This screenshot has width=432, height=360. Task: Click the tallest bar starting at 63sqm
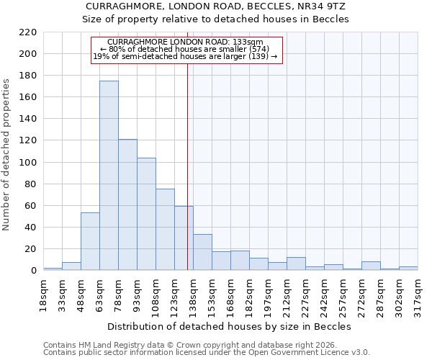pyautogui.click(x=109, y=176)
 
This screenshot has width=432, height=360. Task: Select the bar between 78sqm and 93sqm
pyautogui.click(x=127, y=205)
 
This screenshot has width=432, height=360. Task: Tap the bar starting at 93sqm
pyautogui.click(x=146, y=214)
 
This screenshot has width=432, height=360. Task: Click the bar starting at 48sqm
pyautogui.click(x=90, y=241)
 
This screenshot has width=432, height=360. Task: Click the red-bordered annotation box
pyautogui.click(x=186, y=50)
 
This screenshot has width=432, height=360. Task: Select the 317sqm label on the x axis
pyautogui.click(x=418, y=292)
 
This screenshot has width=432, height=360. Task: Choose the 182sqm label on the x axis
pyautogui.click(x=249, y=292)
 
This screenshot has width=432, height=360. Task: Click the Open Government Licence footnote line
pyautogui.click(x=207, y=352)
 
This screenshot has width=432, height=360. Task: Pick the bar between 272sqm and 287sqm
pyautogui.click(x=371, y=266)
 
